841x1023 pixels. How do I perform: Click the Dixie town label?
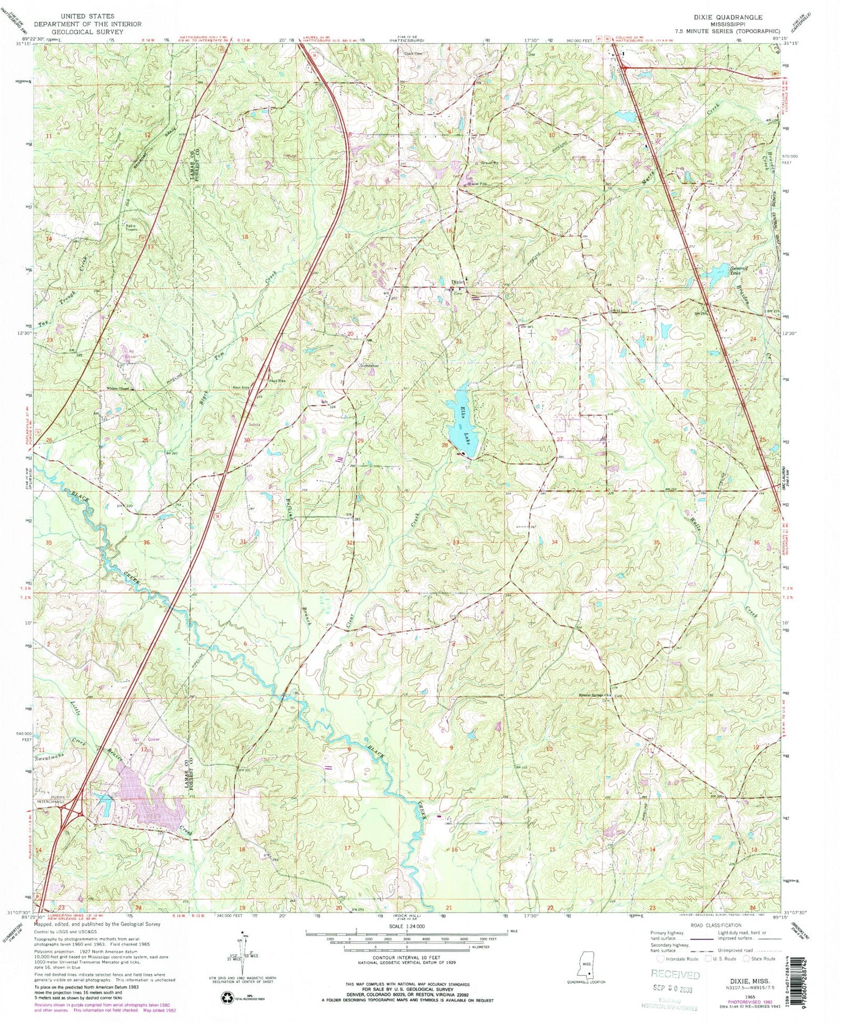click(458, 282)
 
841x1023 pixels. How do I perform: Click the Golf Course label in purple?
click(145, 739)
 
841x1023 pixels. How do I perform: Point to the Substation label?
click(369, 365)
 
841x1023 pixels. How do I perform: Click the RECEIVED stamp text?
click(676, 975)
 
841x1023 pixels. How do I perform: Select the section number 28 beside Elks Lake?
click(445, 445)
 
